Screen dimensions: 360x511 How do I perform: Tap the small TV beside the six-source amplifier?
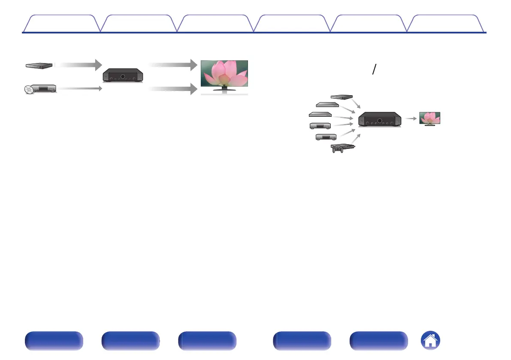(429, 118)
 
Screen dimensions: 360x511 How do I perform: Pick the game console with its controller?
(343, 148)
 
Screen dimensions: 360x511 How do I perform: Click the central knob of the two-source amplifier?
(123, 76)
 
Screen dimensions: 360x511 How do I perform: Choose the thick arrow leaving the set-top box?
(77, 65)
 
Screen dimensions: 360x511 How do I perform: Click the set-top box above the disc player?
(39, 65)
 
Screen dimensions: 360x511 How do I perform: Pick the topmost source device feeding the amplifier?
(342, 97)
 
